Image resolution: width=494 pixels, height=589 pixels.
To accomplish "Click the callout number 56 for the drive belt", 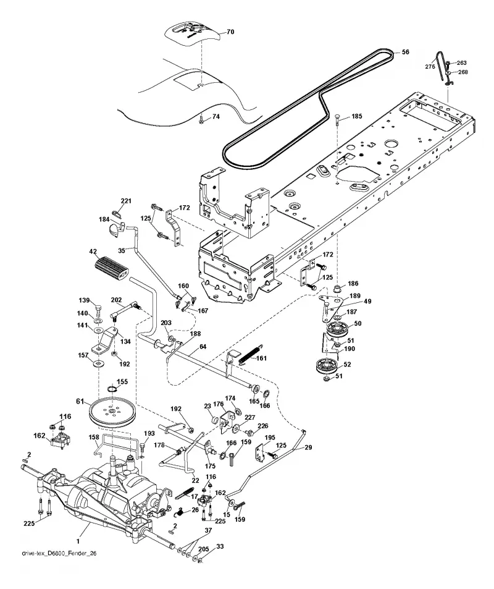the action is pos(406,52).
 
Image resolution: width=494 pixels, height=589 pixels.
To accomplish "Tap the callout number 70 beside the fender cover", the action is pos(230,32).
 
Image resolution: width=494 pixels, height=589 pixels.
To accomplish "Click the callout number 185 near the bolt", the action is pos(357,116).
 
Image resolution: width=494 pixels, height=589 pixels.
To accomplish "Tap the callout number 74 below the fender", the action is pos(216,117).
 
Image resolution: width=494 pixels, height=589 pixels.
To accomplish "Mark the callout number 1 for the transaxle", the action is pos(78,541).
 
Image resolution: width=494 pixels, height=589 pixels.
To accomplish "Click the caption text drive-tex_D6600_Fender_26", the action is pos(56,553).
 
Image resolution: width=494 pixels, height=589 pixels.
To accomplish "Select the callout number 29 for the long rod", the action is pos(308,447).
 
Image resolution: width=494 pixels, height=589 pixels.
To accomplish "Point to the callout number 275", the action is pos(430,67).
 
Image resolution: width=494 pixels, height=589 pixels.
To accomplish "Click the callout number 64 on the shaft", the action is pos(203,347).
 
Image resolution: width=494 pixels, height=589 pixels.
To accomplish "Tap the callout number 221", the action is pos(126,201).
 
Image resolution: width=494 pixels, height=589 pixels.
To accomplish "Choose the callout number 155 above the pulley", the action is pos(122,382).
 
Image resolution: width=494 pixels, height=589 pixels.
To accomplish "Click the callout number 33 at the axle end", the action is pos(220,546).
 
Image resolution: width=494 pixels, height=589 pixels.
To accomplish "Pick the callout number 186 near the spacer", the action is pos(353,284).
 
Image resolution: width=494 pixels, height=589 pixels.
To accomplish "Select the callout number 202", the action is pos(116,300).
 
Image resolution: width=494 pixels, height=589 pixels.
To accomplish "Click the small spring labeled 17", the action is pos(184,493).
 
